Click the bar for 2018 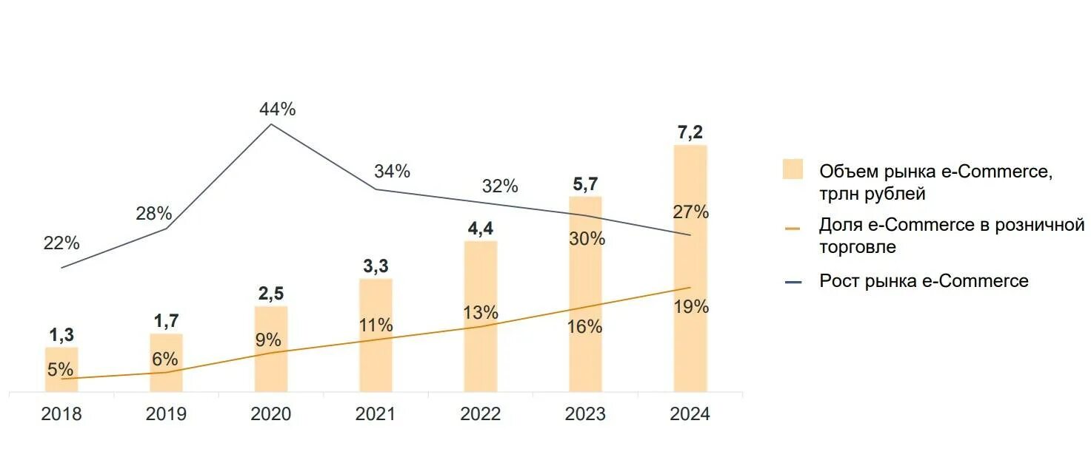(x=61, y=369)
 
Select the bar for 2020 (x=271, y=348)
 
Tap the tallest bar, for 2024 (x=690, y=268)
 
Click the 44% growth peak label (x=278, y=109)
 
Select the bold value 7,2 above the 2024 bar (x=690, y=132)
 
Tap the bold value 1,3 (x=61, y=335)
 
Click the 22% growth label (x=61, y=243)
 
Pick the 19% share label (x=691, y=307)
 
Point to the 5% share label (x=60, y=369)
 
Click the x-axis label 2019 (x=166, y=414)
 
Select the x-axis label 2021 (x=376, y=414)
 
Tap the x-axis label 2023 (x=585, y=414)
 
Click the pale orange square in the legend (x=793, y=169)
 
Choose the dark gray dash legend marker (x=793, y=282)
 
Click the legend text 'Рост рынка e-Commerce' (x=924, y=281)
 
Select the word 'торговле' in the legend (x=857, y=247)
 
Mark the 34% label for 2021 (x=392, y=172)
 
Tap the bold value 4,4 (x=481, y=229)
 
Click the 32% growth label (x=500, y=186)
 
